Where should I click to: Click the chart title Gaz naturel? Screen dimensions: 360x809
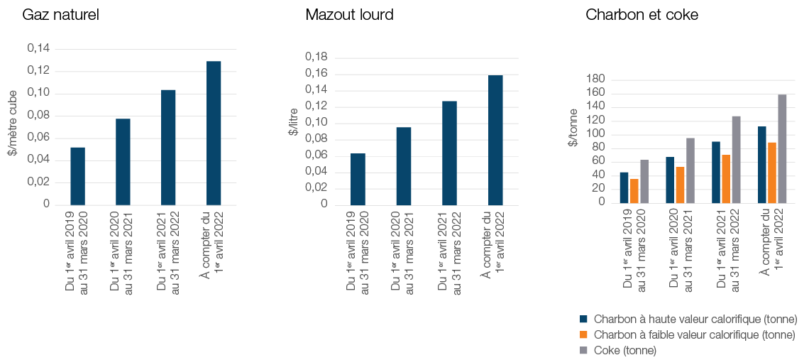pyautogui.click(x=60, y=15)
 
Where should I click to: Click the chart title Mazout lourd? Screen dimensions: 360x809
pyautogui.click(x=349, y=15)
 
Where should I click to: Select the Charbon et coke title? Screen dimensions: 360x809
pyautogui.click(x=642, y=15)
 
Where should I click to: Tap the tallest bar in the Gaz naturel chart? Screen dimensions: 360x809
pyautogui.click(x=214, y=133)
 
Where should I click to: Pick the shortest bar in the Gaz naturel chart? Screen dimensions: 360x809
pyautogui.click(x=77, y=175)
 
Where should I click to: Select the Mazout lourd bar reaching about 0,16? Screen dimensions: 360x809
pyautogui.click(x=495, y=140)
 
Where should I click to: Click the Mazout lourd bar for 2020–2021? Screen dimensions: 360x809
pyautogui.click(x=404, y=165)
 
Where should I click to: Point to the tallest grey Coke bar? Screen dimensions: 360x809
pyautogui.click(x=782, y=149)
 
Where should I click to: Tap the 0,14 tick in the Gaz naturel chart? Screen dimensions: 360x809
pyautogui.click(x=39, y=48)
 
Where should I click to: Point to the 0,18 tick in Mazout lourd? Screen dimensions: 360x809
pyautogui.click(x=316, y=57)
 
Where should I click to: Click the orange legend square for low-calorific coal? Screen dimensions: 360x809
pyautogui.click(x=584, y=334)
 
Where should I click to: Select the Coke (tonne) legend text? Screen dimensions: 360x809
pyautogui.click(x=625, y=350)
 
